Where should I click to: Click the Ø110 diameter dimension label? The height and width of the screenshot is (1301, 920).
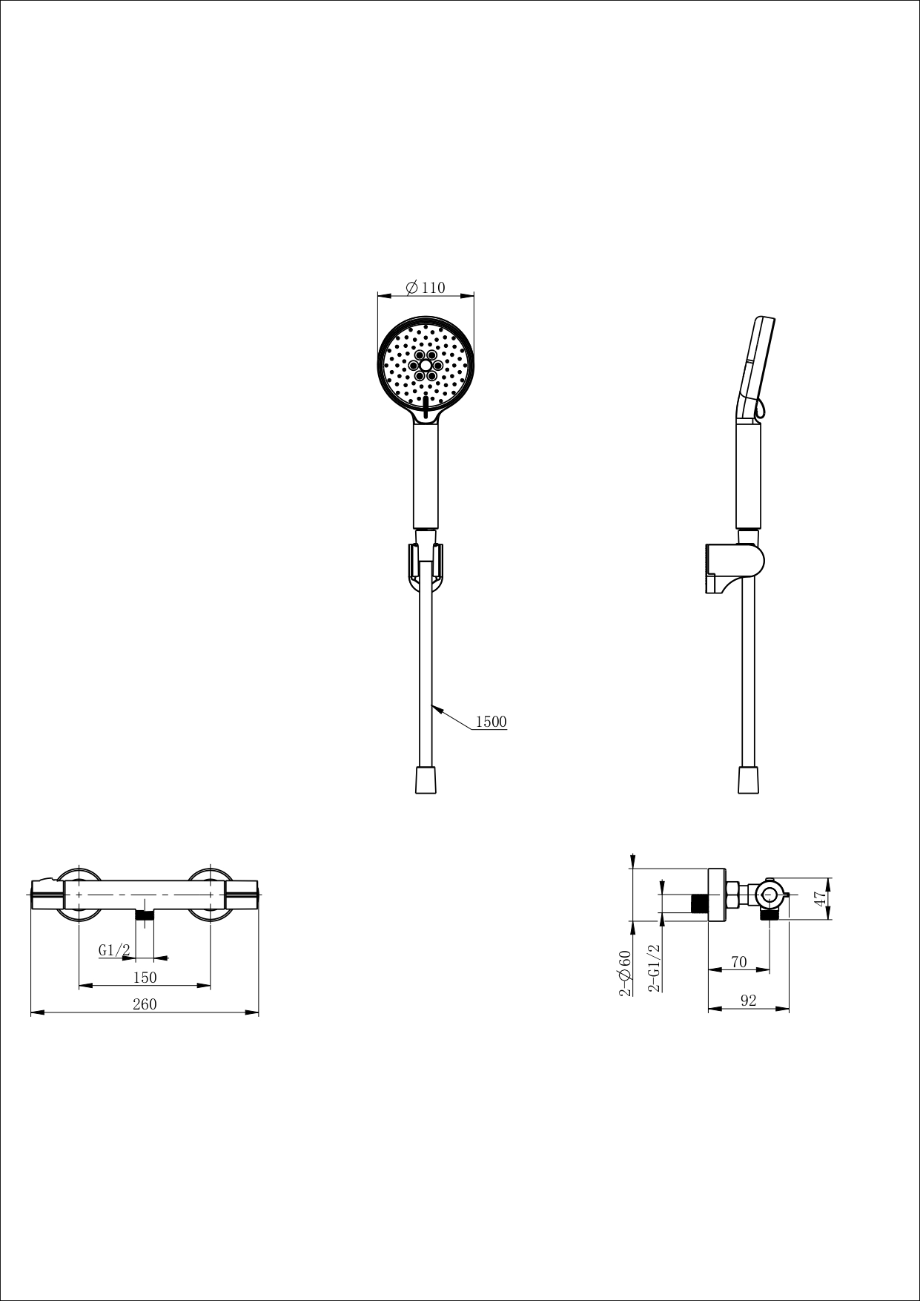pyautogui.click(x=426, y=287)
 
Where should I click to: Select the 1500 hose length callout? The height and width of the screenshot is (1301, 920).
pyautogui.click(x=491, y=721)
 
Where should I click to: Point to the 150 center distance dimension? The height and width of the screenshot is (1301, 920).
pyautogui.click(x=145, y=977)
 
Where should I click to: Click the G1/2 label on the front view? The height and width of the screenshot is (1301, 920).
pyautogui.click(x=114, y=949)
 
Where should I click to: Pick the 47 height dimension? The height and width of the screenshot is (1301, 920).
pyautogui.click(x=819, y=897)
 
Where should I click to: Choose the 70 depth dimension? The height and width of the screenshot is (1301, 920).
pyautogui.click(x=738, y=961)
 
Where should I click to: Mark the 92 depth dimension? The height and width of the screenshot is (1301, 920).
pyautogui.click(x=748, y=1000)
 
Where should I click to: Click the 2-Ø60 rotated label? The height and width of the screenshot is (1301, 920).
pyautogui.click(x=625, y=972)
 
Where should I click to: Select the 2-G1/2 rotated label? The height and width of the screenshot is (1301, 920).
pyautogui.click(x=654, y=968)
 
